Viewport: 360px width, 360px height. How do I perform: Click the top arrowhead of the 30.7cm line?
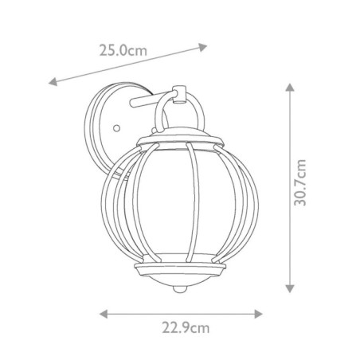289,85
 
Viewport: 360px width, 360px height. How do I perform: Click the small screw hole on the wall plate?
116,127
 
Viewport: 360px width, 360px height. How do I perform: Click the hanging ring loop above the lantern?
179,108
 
